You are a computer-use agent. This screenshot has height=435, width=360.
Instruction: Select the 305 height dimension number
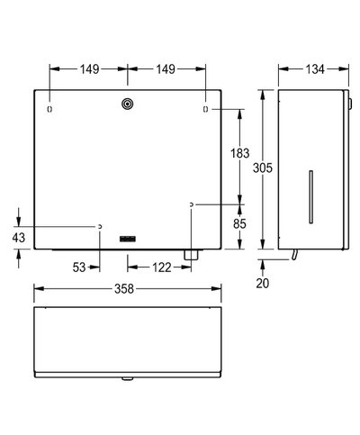pyautogui.click(x=261, y=168)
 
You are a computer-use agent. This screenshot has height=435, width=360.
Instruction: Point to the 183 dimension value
pyautogui.click(x=240, y=155)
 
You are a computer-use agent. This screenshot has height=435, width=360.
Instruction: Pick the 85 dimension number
pyautogui.click(x=240, y=226)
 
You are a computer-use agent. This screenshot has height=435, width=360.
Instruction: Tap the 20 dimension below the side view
pyautogui.click(x=262, y=283)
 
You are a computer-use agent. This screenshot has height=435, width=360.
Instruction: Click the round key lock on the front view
pyautogui.click(x=127, y=105)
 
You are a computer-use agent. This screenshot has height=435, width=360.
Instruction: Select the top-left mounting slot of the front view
pyautogui.click(x=49, y=110)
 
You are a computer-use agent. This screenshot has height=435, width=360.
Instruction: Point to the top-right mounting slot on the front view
pyautogui.click(x=205, y=110)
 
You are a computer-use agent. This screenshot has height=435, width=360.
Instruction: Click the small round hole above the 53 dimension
pyautogui.click(x=100, y=226)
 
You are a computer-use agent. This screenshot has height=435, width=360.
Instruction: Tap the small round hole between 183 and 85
pyautogui.click(x=192, y=206)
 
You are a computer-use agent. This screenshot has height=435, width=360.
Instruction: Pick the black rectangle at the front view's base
pyautogui.click(x=127, y=238)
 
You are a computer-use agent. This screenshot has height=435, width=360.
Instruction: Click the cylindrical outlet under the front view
pyautogui.click(x=190, y=256)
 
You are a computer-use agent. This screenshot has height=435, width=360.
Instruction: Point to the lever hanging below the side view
pyautogui.click(x=292, y=258)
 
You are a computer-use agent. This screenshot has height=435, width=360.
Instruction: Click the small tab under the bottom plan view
pyautogui.click(x=127, y=381)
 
